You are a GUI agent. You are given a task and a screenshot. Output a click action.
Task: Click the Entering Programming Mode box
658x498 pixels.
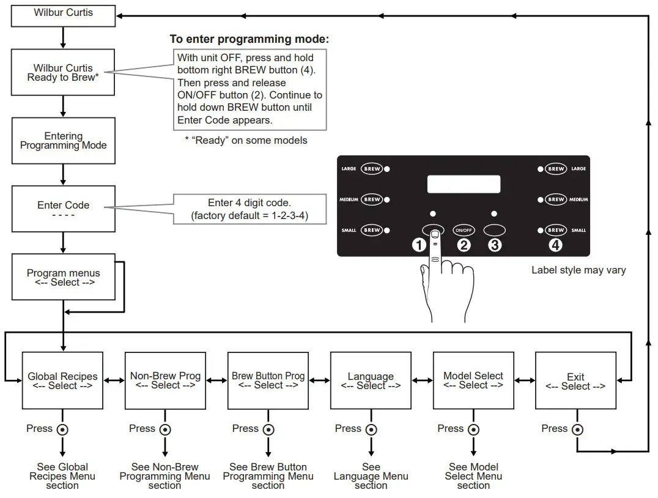[64, 141]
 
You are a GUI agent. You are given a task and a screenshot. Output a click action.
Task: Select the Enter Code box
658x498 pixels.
[64, 210]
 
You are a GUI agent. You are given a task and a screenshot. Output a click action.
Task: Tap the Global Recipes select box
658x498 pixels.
[63, 381]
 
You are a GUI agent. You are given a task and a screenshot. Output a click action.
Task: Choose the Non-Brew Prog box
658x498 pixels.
[166, 381]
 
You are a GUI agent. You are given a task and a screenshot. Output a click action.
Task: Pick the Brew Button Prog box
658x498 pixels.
[268, 381]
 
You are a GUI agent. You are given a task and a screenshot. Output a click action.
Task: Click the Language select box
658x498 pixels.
[371, 381]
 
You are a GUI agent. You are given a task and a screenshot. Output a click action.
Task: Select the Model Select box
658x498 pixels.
[473, 381]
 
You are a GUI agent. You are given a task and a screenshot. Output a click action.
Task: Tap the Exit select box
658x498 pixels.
[575, 381]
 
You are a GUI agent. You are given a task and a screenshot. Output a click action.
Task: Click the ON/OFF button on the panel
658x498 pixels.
[464, 230]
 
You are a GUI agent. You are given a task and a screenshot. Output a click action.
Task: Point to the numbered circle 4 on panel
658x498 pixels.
[555, 245]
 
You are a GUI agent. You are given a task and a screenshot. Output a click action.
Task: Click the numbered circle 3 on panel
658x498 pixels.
[495, 245]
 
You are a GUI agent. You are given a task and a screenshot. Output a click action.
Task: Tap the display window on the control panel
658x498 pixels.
[464, 184]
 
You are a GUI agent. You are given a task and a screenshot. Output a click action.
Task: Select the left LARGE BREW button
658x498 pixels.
[372, 168]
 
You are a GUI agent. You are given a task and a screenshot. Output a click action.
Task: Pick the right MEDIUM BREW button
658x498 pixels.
[556, 199]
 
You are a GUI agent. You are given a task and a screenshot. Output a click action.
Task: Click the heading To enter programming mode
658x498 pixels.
[250, 39]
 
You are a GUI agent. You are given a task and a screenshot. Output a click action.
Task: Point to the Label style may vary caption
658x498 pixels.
[579, 270]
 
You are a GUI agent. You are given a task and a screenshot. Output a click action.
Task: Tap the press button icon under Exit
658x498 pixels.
[577, 429]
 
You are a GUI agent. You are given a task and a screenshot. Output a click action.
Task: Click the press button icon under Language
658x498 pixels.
[371, 429]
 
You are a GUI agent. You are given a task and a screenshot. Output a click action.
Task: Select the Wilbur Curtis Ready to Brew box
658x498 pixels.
[64, 73]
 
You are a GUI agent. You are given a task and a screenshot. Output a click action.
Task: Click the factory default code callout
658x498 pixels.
[250, 209]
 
